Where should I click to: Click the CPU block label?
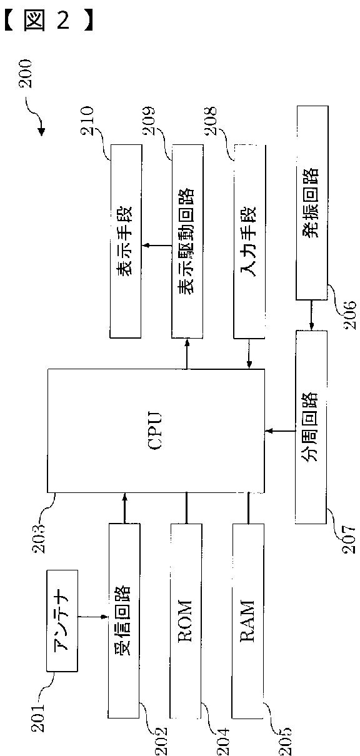click(x=156, y=430)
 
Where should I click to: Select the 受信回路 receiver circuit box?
click(x=124, y=620)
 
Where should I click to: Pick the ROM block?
click(x=186, y=620)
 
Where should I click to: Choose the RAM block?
click(x=248, y=620)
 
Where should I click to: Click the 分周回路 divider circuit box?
click(x=311, y=427)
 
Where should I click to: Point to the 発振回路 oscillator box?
click(x=312, y=203)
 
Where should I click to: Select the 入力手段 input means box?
click(x=249, y=242)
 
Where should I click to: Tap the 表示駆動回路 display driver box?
click(x=187, y=242)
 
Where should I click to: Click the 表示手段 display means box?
click(x=126, y=242)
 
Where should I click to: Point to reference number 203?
click(x=39, y=538)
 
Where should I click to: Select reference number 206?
click(x=349, y=315)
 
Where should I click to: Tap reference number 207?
click(x=349, y=539)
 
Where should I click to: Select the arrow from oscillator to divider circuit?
click(x=311, y=315)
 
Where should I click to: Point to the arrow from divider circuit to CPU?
click(x=280, y=431)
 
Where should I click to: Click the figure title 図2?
click(x=48, y=19)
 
